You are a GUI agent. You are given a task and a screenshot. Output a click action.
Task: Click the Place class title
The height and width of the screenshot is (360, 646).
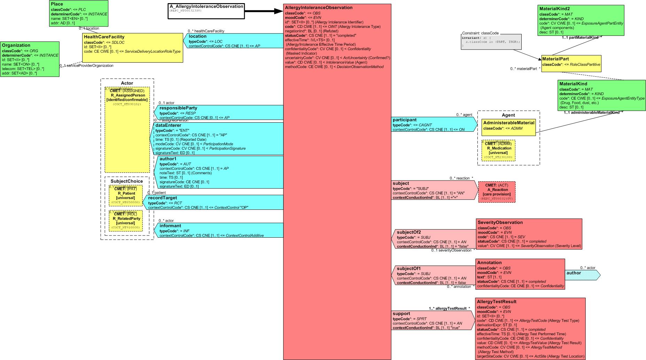(x=57, y=4)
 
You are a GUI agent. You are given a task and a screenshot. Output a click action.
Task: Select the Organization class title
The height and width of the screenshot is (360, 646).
(x=16, y=45)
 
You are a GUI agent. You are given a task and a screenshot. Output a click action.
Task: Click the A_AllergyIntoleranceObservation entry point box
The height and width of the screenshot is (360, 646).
(x=206, y=10)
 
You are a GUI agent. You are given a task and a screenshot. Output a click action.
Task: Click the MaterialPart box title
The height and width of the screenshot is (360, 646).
(x=556, y=59)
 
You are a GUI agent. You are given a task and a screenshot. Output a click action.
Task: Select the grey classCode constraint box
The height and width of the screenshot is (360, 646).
(x=491, y=42)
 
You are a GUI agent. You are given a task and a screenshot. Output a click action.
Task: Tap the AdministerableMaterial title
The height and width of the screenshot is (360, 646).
(x=508, y=123)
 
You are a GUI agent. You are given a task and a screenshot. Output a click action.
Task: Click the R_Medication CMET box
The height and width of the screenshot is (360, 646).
(x=498, y=151)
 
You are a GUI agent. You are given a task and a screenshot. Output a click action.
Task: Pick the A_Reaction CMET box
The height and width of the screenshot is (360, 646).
(x=497, y=192)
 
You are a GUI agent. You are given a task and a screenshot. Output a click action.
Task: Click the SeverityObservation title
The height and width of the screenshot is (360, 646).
(x=500, y=222)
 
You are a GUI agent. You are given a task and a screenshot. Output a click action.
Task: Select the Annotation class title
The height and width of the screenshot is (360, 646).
(x=489, y=262)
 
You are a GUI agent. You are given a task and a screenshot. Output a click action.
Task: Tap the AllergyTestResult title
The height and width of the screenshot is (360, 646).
(x=497, y=301)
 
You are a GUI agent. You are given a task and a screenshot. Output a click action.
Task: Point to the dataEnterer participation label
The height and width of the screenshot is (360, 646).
(x=168, y=125)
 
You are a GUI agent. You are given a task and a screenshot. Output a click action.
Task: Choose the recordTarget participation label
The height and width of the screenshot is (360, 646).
(x=163, y=198)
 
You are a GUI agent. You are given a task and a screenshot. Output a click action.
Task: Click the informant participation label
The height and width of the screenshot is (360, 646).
(x=170, y=225)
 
